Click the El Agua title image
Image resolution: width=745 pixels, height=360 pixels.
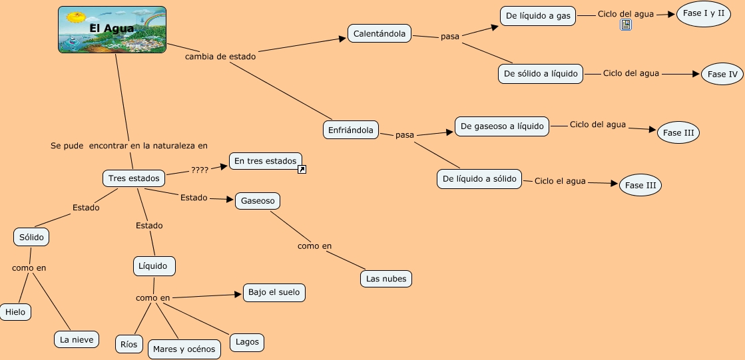pyautogui.click(x=112, y=29)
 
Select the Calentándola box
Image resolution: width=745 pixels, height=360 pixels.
pyautogui.click(x=379, y=34)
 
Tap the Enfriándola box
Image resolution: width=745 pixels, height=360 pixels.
pyautogui.click(x=351, y=130)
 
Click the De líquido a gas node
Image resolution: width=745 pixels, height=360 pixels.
pyautogui.click(x=538, y=17)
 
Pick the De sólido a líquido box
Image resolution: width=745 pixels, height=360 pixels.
pyautogui.click(x=541, y=74)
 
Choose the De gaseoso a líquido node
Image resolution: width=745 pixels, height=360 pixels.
pyautogui.click(x=502, y=126)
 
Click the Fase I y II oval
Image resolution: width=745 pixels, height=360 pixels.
pyautogui.click(x=704, y=14)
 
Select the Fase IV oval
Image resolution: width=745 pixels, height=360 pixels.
pyautogui.click(x=722, y=75)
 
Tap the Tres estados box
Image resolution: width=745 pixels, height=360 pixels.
pyautogui.click(x=134, y=178)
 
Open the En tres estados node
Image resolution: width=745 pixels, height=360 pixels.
pyautogui.click(x=265, y=161)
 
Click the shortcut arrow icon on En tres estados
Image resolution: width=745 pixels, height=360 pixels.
pyautogui.click(x=302, y=170)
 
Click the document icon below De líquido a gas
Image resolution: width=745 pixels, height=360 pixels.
pyautogui.click(x=626, y=25)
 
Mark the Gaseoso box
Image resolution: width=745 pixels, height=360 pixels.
pyautogui.click(x=258, y=200)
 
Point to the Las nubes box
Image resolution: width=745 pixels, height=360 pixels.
pyautogui.click(x=386, y=279)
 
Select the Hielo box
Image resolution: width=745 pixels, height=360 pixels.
pyautogui.click(x=15, y=312)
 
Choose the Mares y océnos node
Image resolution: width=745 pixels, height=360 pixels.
pyautogui.click(x=184, y=349)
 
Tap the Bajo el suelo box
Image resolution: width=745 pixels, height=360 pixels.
pyautogui.click(x=274, y=292)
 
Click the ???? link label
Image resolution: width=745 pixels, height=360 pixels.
pyautogui.click(x=200, y=170)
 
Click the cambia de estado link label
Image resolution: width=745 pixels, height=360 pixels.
pyautogui.click(x=220, y=57)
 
